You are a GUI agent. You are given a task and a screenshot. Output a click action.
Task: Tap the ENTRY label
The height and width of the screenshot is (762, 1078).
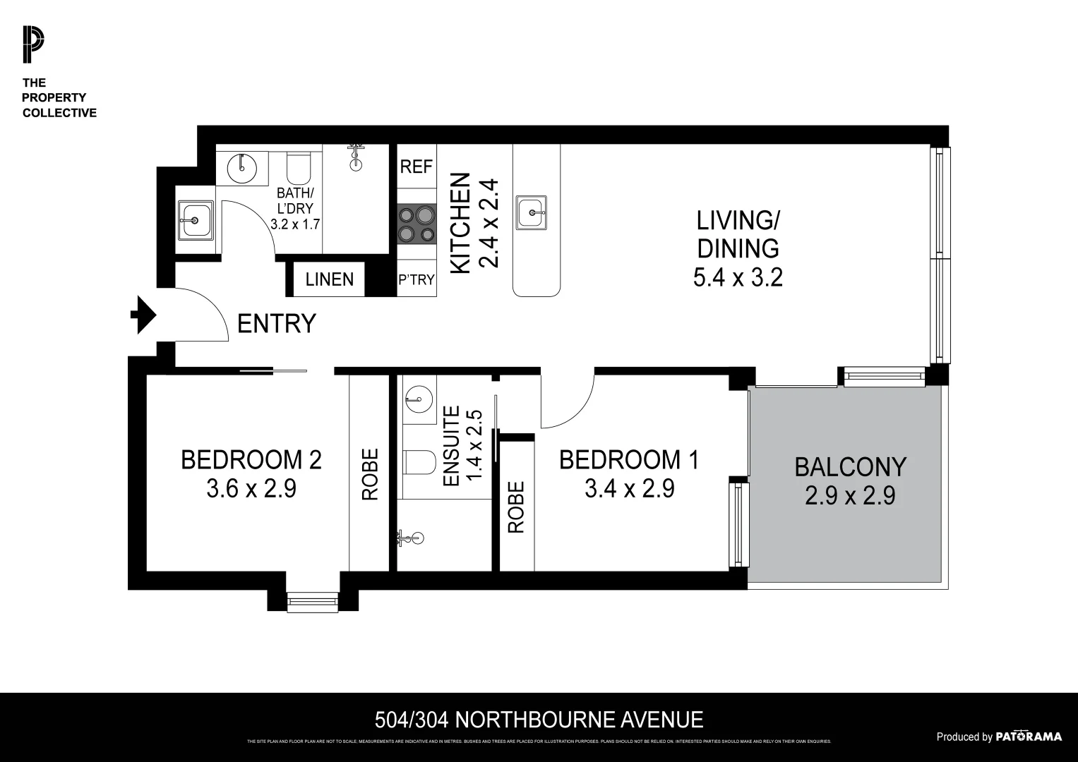(276, 324)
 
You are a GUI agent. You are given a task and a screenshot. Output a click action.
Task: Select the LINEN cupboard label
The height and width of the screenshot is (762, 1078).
(329, 279)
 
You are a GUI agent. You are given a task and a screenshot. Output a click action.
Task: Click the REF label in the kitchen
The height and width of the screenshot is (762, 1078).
(416, 167)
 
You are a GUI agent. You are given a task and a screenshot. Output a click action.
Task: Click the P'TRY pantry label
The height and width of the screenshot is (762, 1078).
(416, 280)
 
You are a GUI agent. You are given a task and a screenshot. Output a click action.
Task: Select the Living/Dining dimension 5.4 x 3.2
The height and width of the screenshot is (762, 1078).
(738, 277)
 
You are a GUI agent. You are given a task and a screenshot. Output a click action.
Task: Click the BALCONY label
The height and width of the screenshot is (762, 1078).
(850, 467)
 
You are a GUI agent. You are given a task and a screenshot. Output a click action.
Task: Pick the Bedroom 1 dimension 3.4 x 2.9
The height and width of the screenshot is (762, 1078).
(629, 488)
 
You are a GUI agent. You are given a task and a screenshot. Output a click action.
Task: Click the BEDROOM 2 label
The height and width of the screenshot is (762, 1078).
(251, 460)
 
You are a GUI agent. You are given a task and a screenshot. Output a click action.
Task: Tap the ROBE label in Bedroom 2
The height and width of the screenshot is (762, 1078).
(370, 474)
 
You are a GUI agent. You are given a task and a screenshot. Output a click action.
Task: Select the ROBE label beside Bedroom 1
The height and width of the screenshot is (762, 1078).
(516, 507)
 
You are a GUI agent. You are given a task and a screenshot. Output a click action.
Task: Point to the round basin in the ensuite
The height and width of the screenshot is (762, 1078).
(419, 399)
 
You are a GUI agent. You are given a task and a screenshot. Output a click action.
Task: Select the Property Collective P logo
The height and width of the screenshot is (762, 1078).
(32, 44)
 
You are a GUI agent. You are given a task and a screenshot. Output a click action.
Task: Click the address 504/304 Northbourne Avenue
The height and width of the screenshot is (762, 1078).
(539, 720)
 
